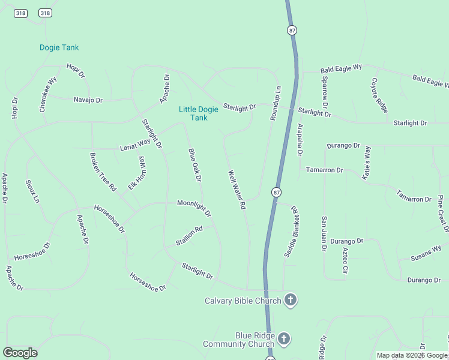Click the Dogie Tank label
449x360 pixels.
point(59,47)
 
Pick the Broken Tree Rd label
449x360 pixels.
point(103,172)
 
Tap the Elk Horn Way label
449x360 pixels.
point(137,173)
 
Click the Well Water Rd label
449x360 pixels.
point(237,190)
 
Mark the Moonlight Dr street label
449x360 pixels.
point(194,207)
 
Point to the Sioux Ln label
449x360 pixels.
point(32,191)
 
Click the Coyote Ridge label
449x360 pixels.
point(379,95)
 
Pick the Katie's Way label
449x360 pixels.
point(366,160)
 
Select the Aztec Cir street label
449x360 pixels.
point(345,260)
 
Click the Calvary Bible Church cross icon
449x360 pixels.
point(291,300)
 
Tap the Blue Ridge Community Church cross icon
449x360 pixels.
point(284,339)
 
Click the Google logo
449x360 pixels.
point(20,353)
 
